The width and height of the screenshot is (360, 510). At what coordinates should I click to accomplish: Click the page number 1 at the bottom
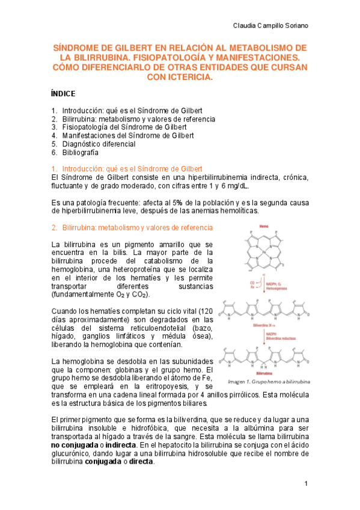[x=306, y=484]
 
